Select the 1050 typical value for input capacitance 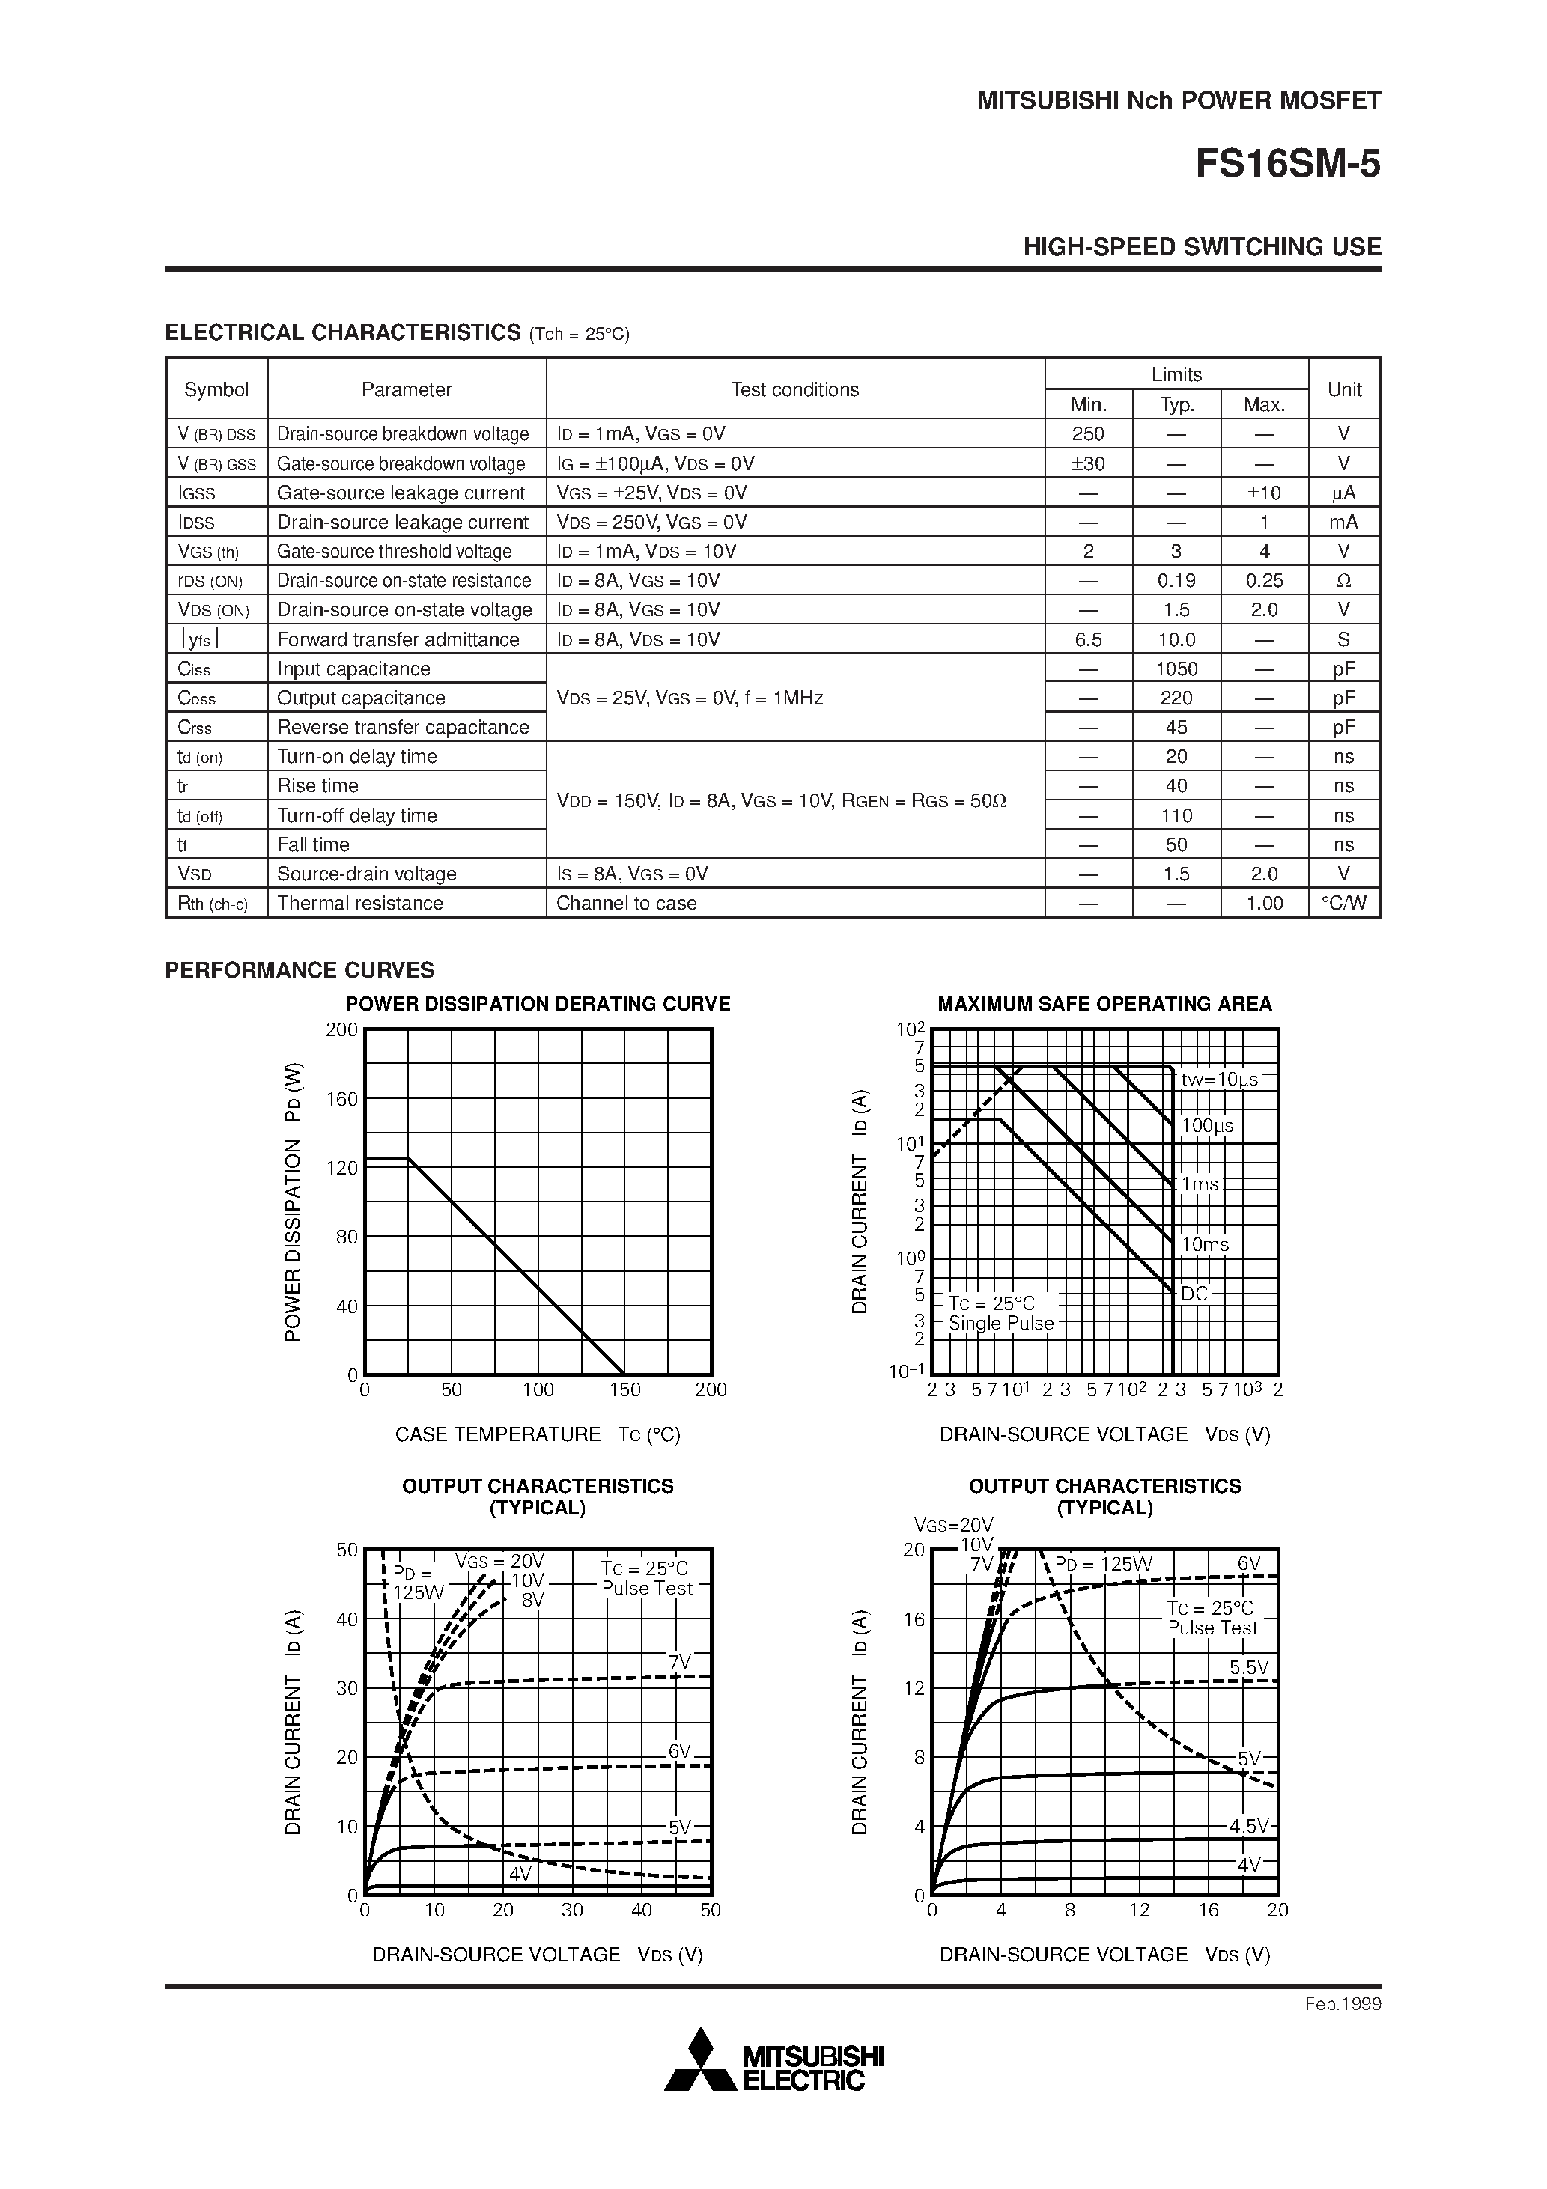pos(1176,669)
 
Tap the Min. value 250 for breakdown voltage pos(1087,433)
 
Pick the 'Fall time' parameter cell pos(313,844)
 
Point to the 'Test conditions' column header pos(794,389)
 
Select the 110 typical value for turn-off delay pos(1176,815)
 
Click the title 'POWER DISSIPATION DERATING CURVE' pos(537,1004)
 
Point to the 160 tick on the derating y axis pos(341,1099)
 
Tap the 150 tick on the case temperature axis pos(624,1390)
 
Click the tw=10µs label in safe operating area pos(1219,1080)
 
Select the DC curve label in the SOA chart pos(1194,1294)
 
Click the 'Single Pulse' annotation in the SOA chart pos(1000,1324)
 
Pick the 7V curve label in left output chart pos(679,1663)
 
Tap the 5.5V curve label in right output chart pos(1248,1667)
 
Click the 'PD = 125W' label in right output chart pos(1104,1565)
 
